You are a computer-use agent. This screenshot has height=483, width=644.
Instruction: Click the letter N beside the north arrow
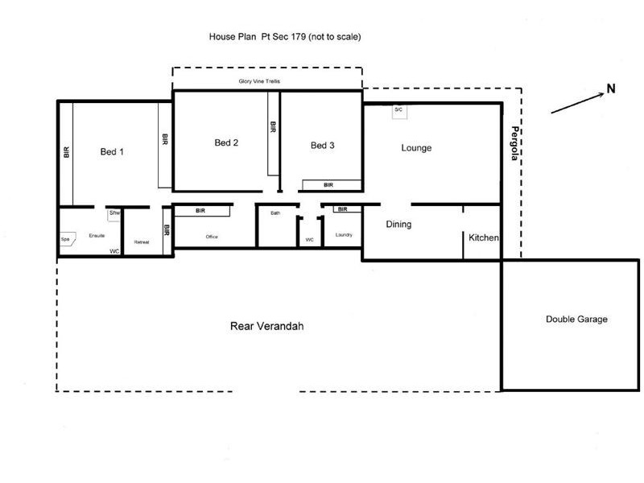[611, 89]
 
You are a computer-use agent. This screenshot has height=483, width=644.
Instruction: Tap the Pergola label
[512, 144]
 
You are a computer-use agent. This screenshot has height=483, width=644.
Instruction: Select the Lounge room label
[416, 148]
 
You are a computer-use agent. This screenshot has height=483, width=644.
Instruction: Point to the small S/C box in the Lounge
[398, 110]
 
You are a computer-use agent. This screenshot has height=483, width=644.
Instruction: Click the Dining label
[398, 225]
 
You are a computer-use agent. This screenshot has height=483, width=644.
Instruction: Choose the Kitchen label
[484, 238]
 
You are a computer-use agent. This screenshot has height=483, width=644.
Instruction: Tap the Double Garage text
[576, 320]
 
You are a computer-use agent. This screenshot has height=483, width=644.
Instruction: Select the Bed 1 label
[112, 151]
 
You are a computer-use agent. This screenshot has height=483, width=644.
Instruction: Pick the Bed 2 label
[226, 143]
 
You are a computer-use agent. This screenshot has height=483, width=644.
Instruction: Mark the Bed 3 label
[322, 146]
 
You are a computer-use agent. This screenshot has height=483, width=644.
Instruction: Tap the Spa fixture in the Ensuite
[65, 239]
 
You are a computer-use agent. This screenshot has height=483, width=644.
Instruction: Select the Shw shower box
[114, 213]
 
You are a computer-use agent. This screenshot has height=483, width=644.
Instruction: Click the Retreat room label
[142, 242]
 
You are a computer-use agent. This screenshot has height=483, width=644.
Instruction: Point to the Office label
[213, 237]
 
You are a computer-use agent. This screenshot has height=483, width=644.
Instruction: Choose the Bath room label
[275, 213]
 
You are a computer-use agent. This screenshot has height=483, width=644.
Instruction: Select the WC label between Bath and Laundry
[309, 240]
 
